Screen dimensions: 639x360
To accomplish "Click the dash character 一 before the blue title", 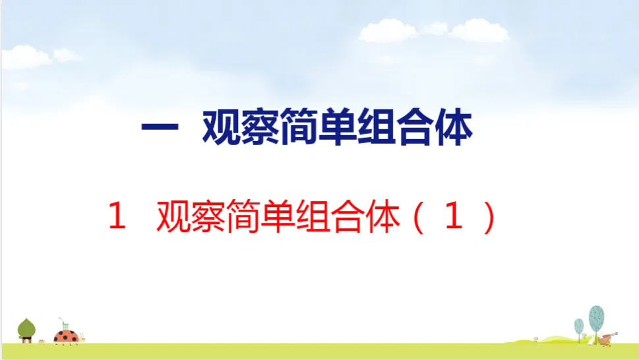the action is click(160, 127).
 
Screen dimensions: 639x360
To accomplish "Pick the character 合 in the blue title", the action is click(415, 127).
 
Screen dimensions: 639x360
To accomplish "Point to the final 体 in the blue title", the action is click(454, 127).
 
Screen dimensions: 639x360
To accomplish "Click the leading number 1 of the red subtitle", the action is click(117, 216).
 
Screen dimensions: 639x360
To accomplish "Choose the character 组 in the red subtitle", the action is click(312, 216).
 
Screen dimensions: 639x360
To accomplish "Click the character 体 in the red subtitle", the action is click(382, 216).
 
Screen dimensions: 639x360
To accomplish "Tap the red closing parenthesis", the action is click(489, 217).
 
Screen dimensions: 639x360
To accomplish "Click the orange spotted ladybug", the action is click(67, 337).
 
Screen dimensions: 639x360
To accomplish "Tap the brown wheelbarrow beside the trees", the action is click(607, 338).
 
